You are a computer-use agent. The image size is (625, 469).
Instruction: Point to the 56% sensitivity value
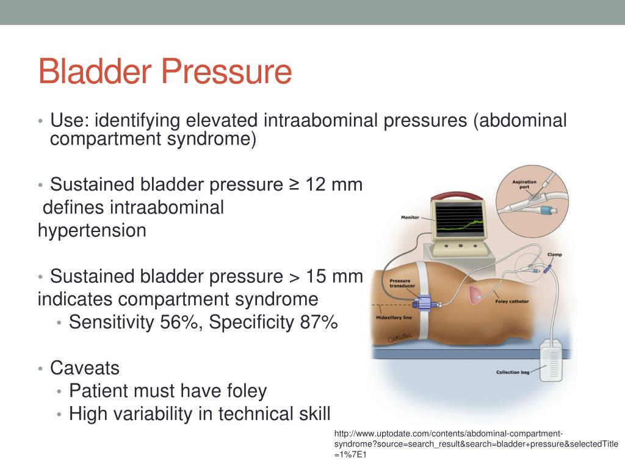pos(179,322)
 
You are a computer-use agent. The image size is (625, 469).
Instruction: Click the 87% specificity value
pos(319,322)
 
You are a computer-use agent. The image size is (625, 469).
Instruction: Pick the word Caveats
pos(84,368)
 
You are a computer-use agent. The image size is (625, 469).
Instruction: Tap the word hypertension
pos(92,231)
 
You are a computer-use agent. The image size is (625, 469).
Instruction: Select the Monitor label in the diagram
pos(410,217)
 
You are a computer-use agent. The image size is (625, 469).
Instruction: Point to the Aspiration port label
pos(524,184)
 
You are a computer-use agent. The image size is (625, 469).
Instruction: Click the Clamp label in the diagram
pos(554,255)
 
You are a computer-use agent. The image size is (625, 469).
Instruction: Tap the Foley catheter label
pos(512,302)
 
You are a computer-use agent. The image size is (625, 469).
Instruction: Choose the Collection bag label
pos(513,372)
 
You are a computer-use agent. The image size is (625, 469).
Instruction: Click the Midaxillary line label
pos(394,318)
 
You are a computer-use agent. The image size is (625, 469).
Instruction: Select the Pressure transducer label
pos(402,283)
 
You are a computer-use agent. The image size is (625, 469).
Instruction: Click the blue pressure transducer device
pos(425,301)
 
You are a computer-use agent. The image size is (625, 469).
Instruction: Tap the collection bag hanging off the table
pos(551,362)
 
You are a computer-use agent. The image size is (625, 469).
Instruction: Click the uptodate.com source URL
pos(476,444)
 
